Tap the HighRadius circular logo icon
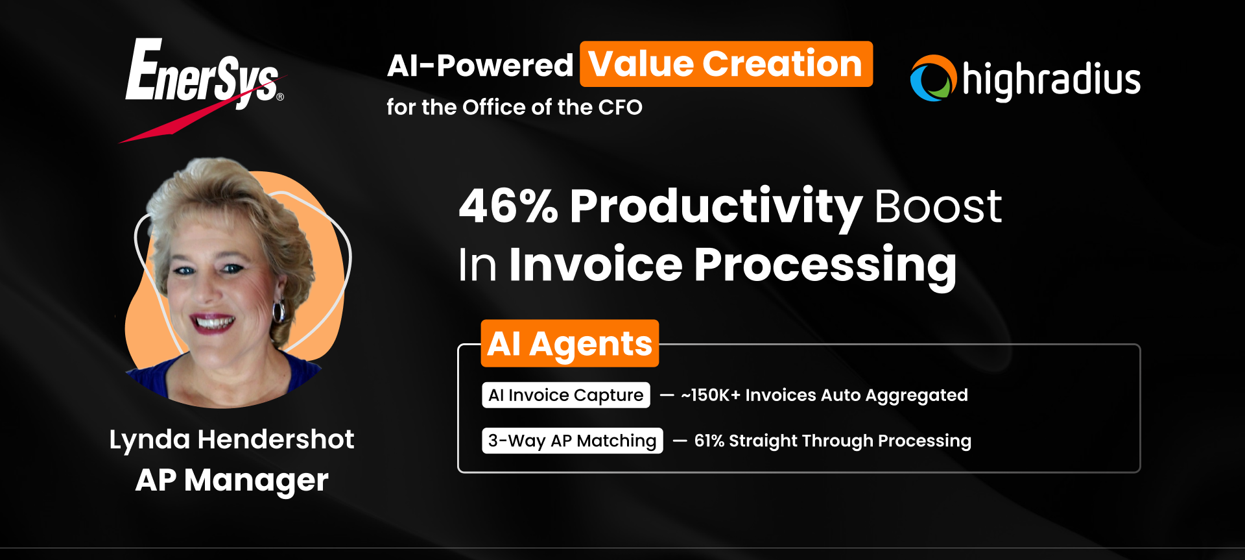pos(933,79)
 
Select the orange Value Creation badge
pos(726,64)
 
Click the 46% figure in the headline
pos(508,206)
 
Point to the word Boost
pos(938,206)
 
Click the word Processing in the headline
pos(825,265)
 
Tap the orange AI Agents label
pos(569,343)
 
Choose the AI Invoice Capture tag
pos(565,395)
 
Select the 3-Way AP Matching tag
pos(572,441)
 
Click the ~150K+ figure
pos(710,395)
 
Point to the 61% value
pos(709,441)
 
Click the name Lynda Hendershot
pos(231,439)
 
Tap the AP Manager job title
pos(231,480)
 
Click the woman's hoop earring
pos(279,311)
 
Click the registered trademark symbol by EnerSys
pos(280,97)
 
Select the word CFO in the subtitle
pos(620,107)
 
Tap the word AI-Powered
pos(480,66)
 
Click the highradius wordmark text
pos(1051,80)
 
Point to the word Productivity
pos(715,206)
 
